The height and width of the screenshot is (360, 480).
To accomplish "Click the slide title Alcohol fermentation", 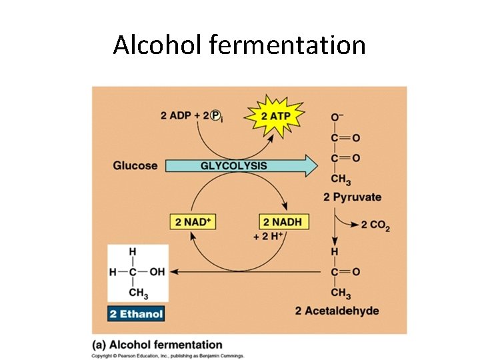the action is coord(239,45).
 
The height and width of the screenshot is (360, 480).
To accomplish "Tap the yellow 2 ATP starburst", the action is coord(275,115).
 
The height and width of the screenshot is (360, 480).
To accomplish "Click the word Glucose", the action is coord(135,165).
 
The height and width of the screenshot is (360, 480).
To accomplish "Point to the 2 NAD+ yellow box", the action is coord(195,221).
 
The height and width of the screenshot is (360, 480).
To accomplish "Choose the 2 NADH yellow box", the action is coord(283,221).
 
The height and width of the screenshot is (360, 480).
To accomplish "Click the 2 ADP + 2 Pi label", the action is coord(191,115).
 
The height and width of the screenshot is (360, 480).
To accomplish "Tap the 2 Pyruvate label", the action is coord(352,197).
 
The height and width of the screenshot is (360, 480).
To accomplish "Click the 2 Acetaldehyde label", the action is coord(337,311).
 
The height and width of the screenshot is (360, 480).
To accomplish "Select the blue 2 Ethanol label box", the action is coord(136,313).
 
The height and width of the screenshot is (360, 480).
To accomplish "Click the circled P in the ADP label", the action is coord(215,115).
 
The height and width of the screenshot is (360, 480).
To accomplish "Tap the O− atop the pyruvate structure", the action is coord(337,117).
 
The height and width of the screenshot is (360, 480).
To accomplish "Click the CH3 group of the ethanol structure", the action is coord(137,293).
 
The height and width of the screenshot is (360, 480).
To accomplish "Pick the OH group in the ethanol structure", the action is coord(157,272).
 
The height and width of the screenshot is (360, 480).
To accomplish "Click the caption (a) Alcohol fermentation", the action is coord(157,345).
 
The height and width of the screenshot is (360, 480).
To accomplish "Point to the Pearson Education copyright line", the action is coord(168,356).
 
